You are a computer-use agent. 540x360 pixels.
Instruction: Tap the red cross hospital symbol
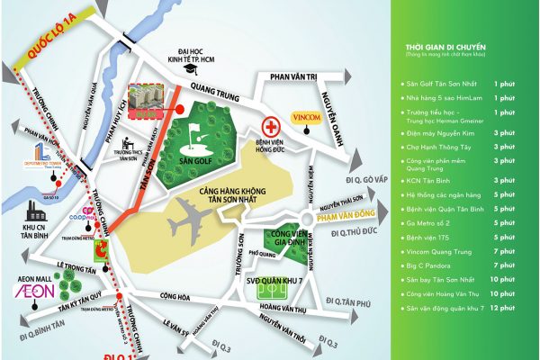[267, 127]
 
